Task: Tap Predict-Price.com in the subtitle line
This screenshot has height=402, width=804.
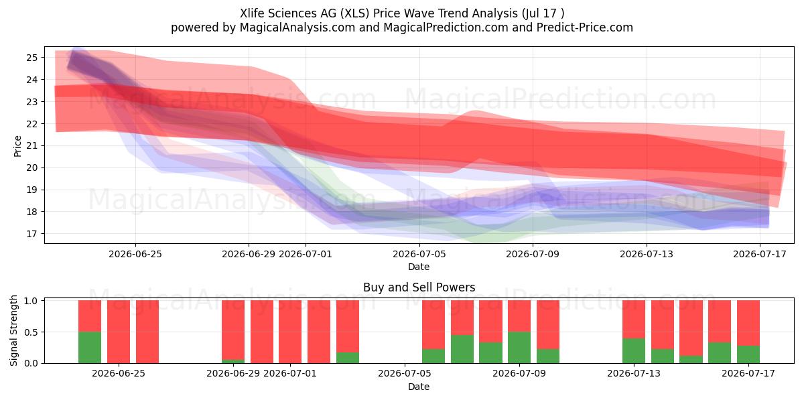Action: point(585,27)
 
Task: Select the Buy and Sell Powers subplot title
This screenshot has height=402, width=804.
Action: point(419,287)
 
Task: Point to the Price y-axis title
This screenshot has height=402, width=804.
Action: point(17,146)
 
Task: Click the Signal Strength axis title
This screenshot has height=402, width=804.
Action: point(13,330)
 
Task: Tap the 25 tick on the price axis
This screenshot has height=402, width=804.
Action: point(32,58)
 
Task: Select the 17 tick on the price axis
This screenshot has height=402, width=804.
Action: point(32,234)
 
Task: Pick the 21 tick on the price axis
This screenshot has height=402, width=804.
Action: point(32,146)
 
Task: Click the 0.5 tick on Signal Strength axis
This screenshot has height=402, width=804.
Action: point(31,332)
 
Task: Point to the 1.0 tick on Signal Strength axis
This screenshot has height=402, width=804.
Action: point(31,301)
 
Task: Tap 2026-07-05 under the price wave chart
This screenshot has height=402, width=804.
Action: point(419,254)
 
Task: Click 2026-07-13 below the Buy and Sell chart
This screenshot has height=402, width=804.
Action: point(634,373)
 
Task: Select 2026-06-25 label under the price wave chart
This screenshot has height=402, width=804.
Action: point(135,254)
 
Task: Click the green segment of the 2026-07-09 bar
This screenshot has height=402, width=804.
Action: point(519,348)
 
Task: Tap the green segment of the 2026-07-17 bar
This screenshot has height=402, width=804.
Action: point(748,354)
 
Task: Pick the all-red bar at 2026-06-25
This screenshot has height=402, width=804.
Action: point(119,332)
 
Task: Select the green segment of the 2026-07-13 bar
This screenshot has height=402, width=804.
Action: point(634,350)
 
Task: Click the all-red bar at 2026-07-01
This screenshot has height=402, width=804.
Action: point(290,332)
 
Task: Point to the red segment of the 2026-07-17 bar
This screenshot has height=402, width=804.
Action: point(748,323)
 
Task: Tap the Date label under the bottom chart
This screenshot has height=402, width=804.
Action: point(419,387)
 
